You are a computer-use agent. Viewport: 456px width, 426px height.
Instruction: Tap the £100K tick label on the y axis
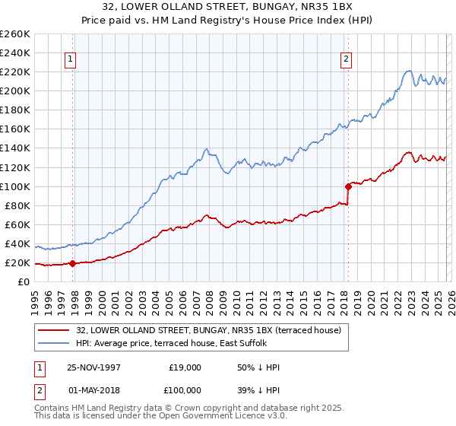pyautogui.click(x=15, y=186)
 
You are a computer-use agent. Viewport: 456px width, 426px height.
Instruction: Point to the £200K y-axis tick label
pyautogui.click(x=15, y=91)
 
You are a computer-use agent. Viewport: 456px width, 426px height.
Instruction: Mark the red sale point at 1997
pyautogui.click(x=73, y=264)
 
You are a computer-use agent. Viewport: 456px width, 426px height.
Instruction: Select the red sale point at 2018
pyautogui.click(x=348, y=186)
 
